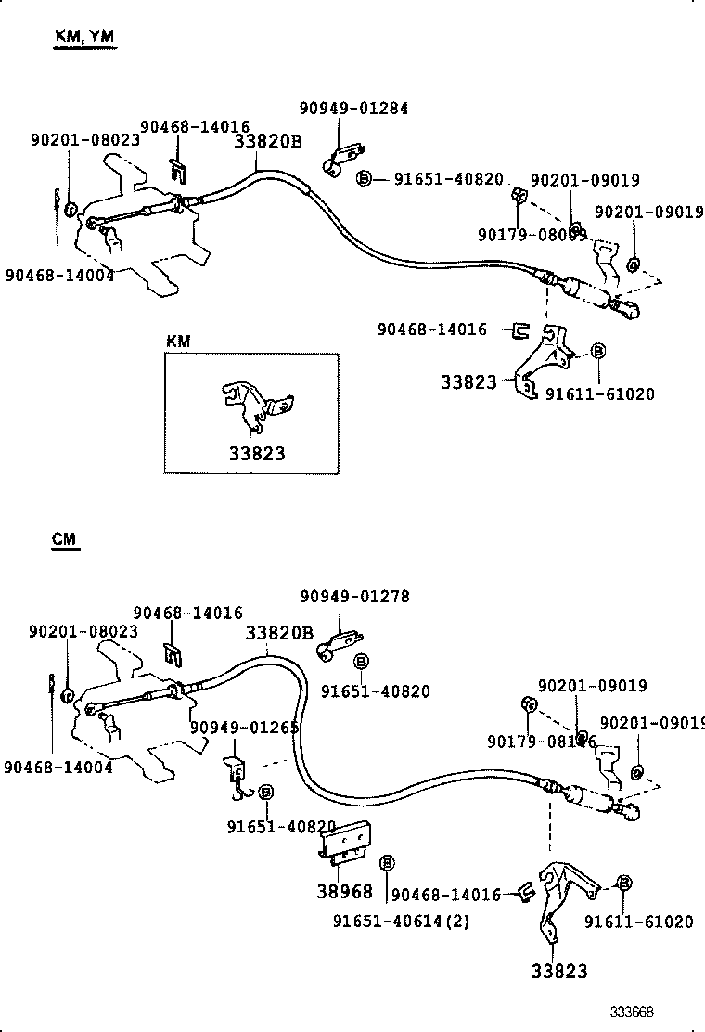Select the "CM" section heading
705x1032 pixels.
[x=65, y=538]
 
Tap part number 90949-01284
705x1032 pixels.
[x=353, y=109]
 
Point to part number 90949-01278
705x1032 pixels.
[x=354, y=596]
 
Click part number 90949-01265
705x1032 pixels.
[x=245, y=727]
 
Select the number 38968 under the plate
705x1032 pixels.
[x=345, y=891]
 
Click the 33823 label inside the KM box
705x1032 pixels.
[x=257, y=454]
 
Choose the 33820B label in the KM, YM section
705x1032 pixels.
[x=268, y=142]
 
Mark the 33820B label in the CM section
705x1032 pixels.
[x=279, y=633]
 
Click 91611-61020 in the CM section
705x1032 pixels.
[x=639, y=922]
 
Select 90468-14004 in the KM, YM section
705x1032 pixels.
[x=59, y=274]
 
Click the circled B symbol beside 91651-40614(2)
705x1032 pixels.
[x=387, y=863]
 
